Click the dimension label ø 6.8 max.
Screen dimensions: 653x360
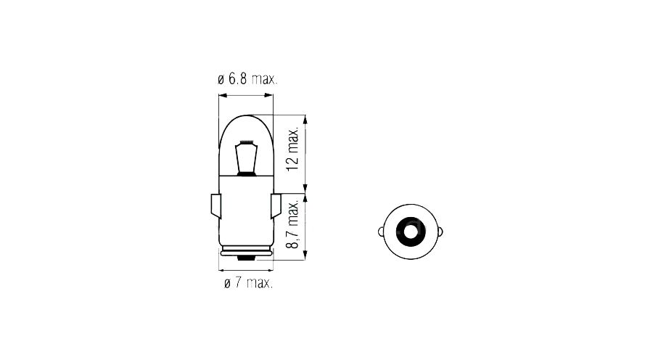(247, 79)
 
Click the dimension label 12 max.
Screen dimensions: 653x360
(293, 149)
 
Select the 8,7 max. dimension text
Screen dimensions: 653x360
(293, 224)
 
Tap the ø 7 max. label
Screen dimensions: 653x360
(248, 283)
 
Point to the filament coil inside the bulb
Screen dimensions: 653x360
(247, 142)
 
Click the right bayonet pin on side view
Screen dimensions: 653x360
(276, 206)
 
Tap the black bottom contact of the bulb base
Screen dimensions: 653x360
(246, 258)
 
